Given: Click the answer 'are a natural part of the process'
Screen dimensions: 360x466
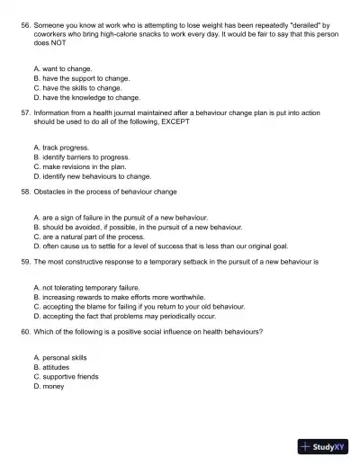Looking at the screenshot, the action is click(93, 237).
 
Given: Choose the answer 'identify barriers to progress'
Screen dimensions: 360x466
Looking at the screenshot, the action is click(86, 157).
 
